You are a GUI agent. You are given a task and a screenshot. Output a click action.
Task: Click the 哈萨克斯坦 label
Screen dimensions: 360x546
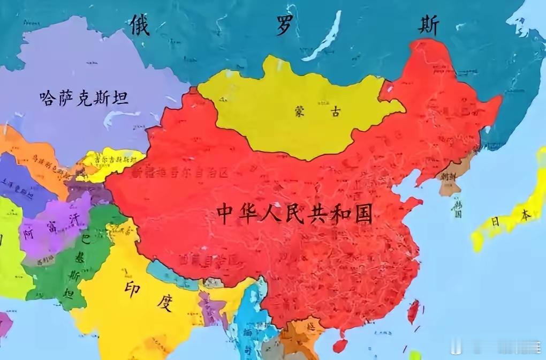coord(84,98)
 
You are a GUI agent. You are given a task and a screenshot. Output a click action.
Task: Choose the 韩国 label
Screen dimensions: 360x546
coord(457,208)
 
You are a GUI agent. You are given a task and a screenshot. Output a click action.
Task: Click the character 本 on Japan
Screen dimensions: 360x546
coord(525,214)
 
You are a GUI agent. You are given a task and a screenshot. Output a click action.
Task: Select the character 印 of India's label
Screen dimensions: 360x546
coord(132,287)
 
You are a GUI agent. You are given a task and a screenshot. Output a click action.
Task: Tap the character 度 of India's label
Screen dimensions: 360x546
coord(164,303)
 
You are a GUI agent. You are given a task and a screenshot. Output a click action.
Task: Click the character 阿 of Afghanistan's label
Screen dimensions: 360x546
coord(29,233)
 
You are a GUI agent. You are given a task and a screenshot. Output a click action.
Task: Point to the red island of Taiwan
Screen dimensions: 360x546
coord(413,311)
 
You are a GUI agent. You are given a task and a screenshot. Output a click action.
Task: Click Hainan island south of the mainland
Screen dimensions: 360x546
coord(339,346)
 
